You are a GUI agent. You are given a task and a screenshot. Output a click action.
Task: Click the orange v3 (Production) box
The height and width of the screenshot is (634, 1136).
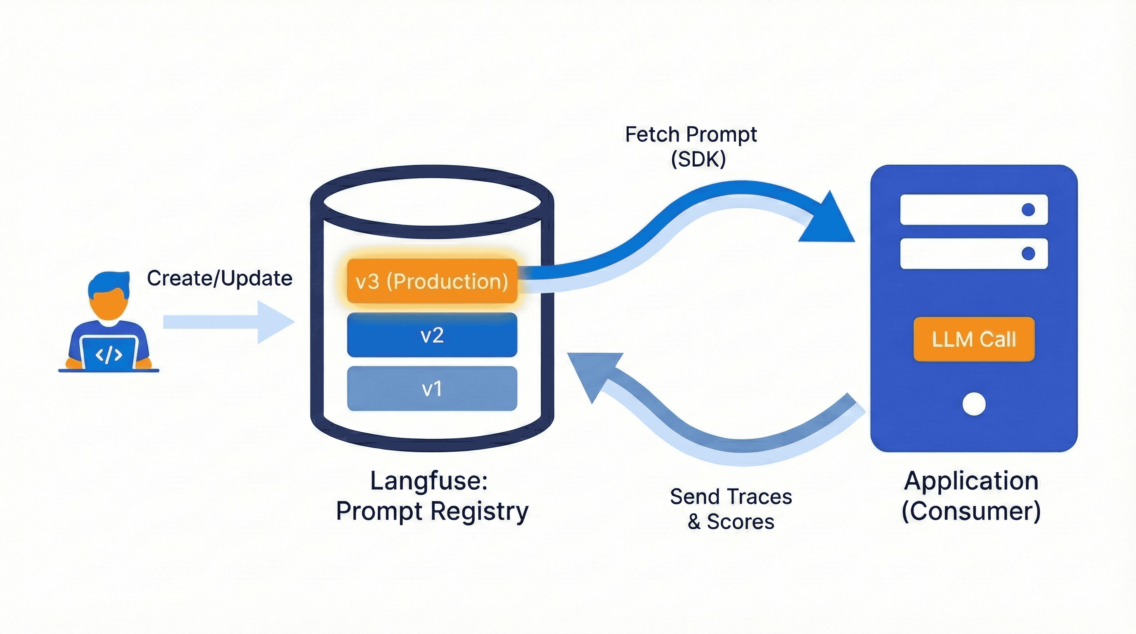tap(432, 281)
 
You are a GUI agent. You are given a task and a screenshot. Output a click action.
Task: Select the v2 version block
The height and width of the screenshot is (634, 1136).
tap(432, 335)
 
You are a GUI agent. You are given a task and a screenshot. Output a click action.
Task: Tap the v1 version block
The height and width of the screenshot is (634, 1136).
tap(432, 388)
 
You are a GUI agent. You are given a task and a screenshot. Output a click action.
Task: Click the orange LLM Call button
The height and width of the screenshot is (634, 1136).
tap(974, 339)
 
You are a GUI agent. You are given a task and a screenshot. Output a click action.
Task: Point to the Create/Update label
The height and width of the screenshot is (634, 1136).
tap(219, 278)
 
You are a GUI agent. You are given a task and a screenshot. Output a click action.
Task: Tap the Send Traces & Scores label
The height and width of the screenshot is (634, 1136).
tap(731, 509)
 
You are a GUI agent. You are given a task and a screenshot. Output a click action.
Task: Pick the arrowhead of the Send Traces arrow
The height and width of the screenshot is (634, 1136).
tap(593, 373)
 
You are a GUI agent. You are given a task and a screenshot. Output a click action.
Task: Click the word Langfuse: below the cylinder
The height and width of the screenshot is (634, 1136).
tap(428, 480)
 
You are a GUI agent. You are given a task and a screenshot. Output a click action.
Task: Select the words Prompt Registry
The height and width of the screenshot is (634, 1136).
tap(432, 511)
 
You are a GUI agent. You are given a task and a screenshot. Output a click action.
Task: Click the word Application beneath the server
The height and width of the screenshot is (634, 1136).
tap(971, 480)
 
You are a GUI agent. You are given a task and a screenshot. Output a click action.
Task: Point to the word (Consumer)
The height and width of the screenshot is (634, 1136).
tap(971, 511)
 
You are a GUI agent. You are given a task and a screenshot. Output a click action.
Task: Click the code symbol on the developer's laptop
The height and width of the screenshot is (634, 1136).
tap(109, 355)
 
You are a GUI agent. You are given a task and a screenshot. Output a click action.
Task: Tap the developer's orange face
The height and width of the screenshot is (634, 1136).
tap(108, 304)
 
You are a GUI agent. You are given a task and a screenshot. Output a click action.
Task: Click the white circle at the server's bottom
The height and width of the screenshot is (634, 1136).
tap(974, 404)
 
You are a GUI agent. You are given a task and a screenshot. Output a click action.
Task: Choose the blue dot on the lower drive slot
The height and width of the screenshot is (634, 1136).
tap(1028, 253)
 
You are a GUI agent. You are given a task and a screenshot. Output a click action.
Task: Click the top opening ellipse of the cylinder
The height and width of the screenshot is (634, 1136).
tap(432, 202)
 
